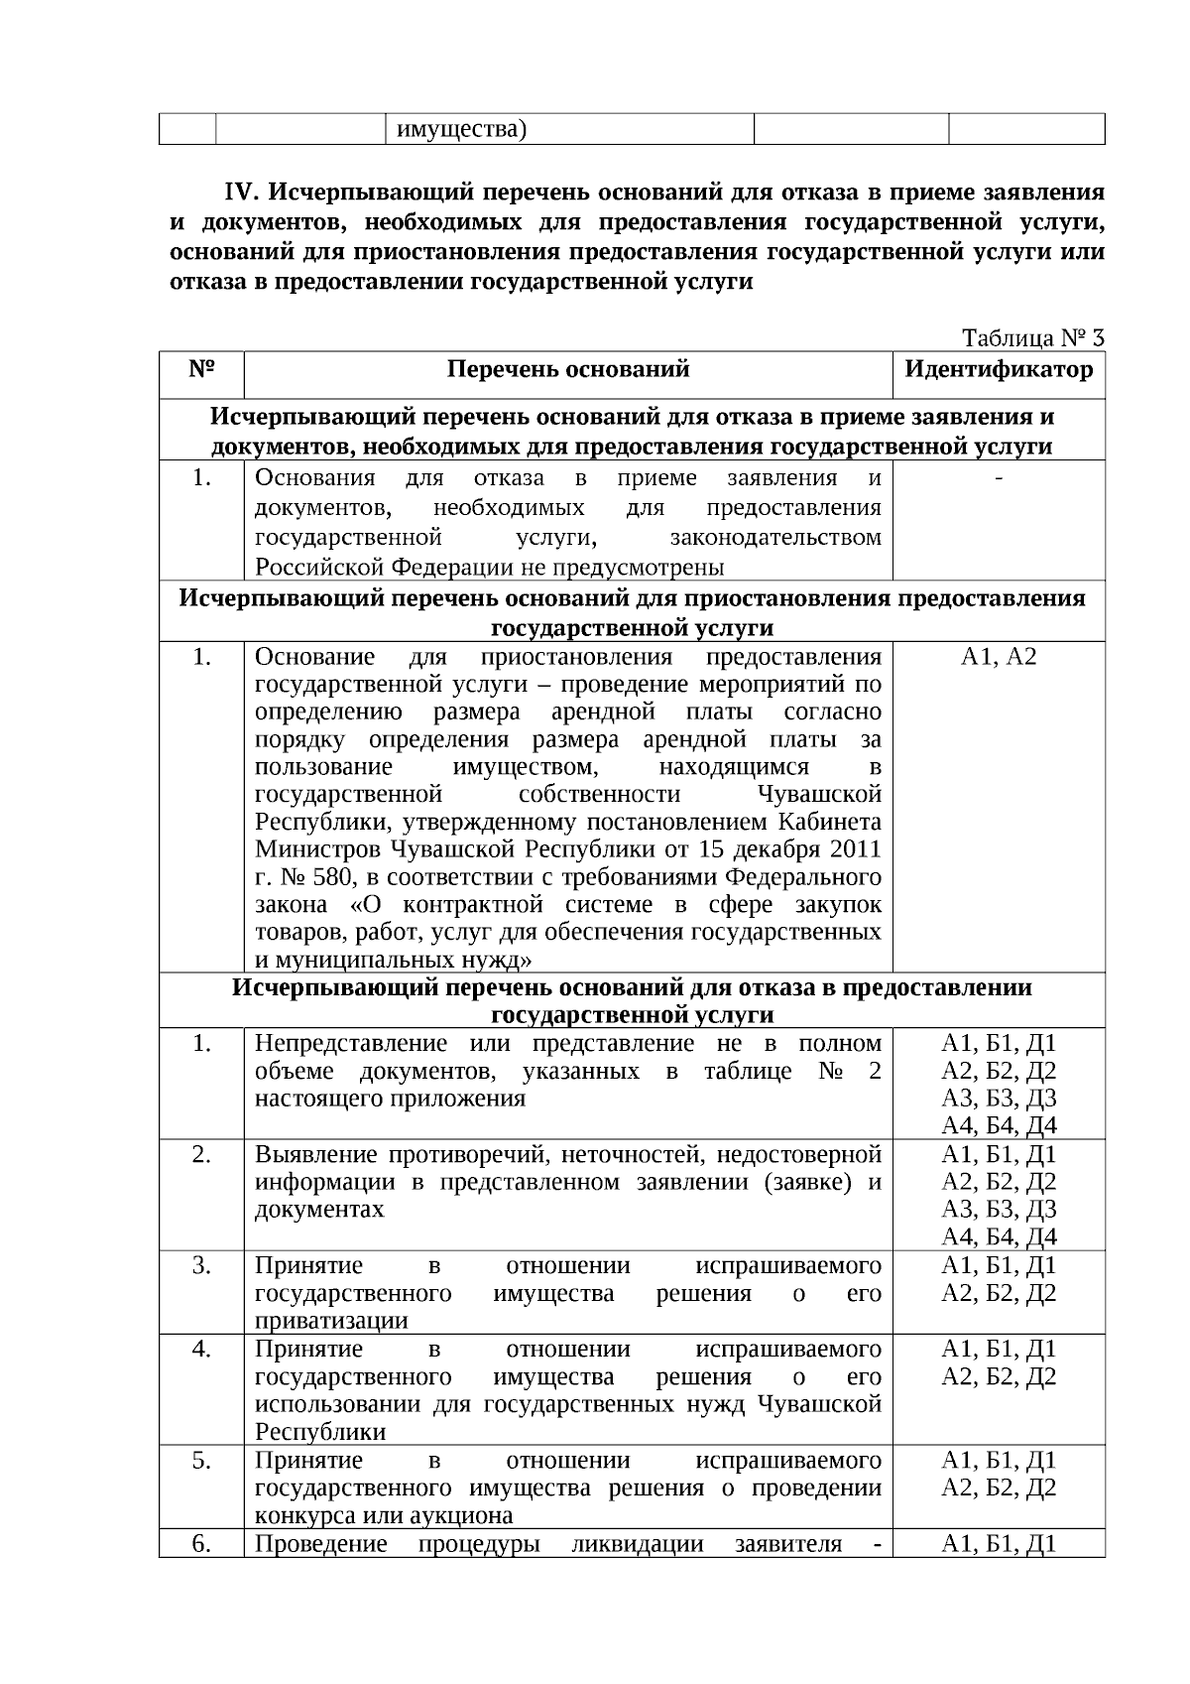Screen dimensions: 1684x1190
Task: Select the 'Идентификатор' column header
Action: (x=999, y=370)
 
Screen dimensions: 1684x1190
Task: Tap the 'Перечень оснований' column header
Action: (x=568, y=370)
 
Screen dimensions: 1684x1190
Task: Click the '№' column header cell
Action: (x=201, y=370)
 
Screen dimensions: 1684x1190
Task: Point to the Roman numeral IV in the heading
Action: (x=242, y=192)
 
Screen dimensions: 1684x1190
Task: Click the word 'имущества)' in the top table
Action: (x=461, y=130)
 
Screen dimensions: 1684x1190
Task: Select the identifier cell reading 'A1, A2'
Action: (x=999, y=657)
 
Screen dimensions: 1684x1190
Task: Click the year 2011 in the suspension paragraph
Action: (x=855, y=849)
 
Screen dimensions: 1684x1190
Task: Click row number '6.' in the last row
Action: (x=201, y=1544)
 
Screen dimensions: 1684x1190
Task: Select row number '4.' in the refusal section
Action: (x=201, y=1350)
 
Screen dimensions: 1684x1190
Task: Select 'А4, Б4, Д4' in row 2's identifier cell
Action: (x=999, y=1236)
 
